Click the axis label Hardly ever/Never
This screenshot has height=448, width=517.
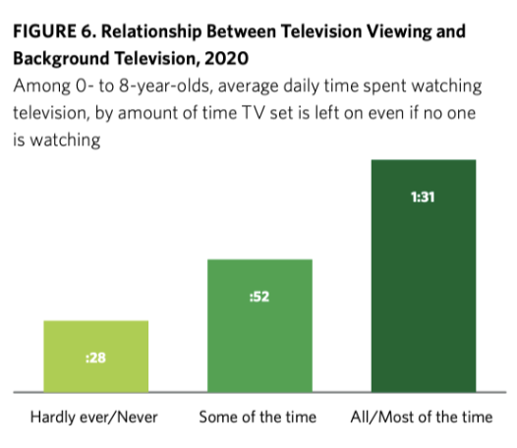click(x=95, y=417)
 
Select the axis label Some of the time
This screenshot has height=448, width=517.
click(x=258, y=417)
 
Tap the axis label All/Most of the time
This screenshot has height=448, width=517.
click(x=423, y=417)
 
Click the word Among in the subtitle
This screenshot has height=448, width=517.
click(x=38, y=86)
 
